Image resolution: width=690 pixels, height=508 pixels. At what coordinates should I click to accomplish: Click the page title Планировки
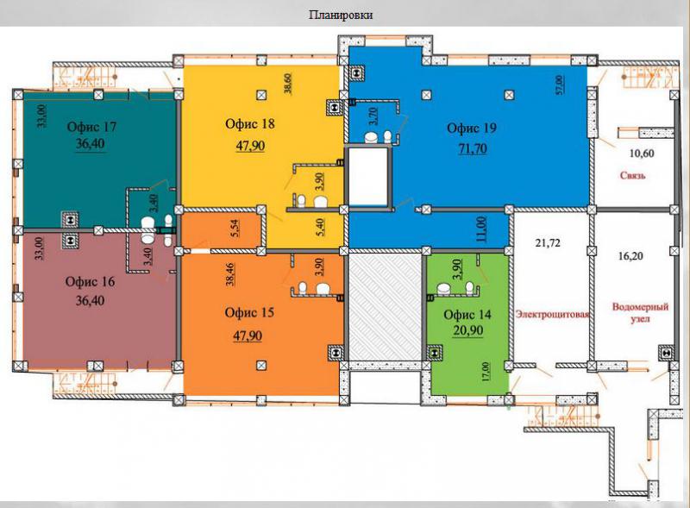point(341,15)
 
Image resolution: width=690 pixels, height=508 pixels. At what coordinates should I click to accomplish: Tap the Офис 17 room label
point(91,127)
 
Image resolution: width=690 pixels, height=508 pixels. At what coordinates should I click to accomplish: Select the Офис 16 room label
point(90,282)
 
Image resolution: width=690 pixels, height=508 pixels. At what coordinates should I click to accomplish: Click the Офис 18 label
point(250,123)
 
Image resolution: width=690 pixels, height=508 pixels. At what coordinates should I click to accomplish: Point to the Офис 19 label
point(472,129)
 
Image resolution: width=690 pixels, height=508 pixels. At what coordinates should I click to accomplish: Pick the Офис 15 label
point(249,312)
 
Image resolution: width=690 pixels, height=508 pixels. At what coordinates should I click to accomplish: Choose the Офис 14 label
point(467,315)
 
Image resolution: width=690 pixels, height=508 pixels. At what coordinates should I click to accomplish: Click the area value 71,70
point(473,149)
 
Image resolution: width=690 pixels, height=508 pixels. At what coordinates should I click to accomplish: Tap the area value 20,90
point(468,330)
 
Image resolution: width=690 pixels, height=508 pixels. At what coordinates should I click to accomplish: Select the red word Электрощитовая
point(552,314)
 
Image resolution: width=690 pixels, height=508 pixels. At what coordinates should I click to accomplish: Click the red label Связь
point(633,175)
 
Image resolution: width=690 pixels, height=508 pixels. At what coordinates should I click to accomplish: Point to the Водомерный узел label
point(640,312)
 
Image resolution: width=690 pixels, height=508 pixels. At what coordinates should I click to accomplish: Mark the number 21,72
point(548,242)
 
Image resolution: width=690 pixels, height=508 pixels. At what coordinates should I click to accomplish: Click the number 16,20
point(630,256)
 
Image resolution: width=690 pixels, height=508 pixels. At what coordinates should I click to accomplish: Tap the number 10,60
point(642,154)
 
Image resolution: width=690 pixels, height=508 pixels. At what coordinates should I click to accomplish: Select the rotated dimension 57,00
point(559,85)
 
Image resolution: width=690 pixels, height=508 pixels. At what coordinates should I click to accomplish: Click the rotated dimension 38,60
point(288,83)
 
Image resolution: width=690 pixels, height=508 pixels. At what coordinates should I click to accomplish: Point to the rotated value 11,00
point(482,229)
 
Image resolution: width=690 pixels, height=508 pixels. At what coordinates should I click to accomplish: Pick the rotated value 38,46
point(230,274)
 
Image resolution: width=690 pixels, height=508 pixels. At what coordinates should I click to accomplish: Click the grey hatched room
point(385,307)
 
